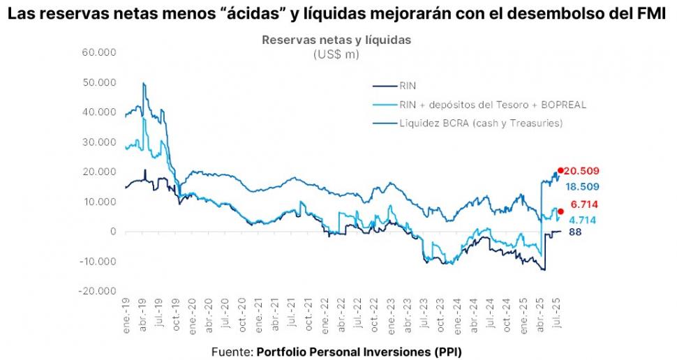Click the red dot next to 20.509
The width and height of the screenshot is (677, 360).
point(560,170)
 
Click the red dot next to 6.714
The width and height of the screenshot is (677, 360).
point(560,211)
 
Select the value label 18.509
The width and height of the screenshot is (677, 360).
point(584,187)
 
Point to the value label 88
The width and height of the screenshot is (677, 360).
point(575,232)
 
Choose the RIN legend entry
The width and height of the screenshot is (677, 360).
point(408,87)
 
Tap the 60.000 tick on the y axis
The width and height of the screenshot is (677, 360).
point(101,52)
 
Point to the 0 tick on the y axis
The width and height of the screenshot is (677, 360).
point(111,232)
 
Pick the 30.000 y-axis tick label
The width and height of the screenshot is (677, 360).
point(101,142)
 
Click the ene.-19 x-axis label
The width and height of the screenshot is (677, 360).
point(126,315)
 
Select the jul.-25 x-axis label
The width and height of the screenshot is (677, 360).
point(556,315)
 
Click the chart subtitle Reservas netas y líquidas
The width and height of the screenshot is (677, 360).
point(336,40)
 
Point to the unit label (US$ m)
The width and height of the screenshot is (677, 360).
point(336,54)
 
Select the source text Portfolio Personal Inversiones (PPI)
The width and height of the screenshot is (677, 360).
point(359,351)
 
